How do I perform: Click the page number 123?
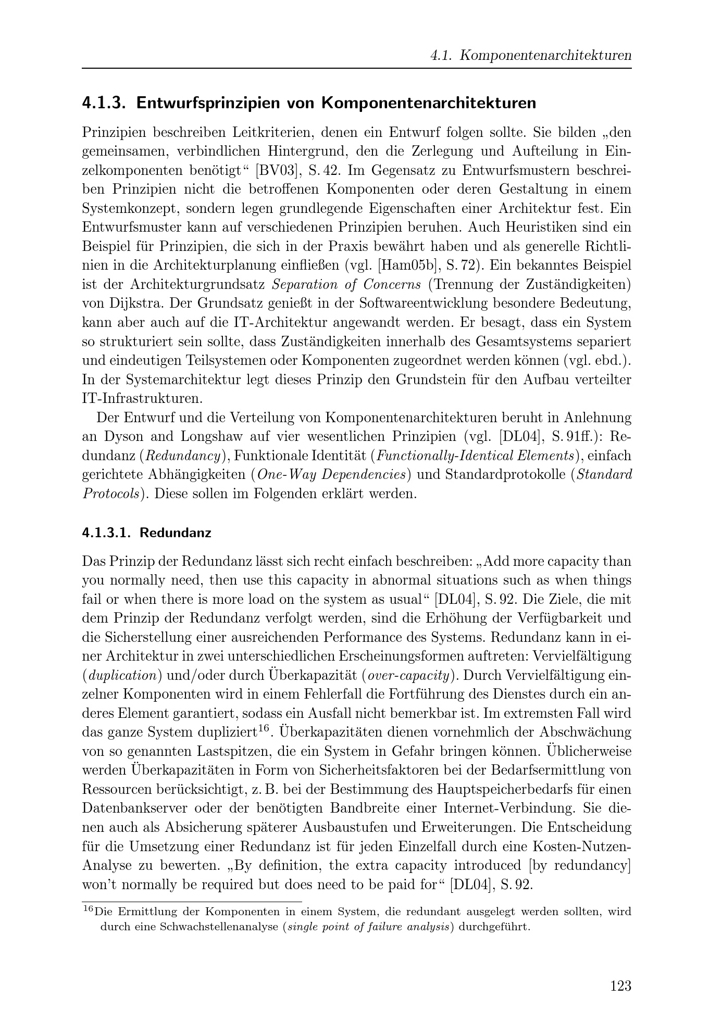click(620, 985)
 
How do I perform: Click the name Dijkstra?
click(130, 303)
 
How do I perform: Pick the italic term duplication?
click(123, 675)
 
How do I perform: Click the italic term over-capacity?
click(408, 675)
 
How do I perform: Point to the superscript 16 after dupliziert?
click(264, 728)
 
